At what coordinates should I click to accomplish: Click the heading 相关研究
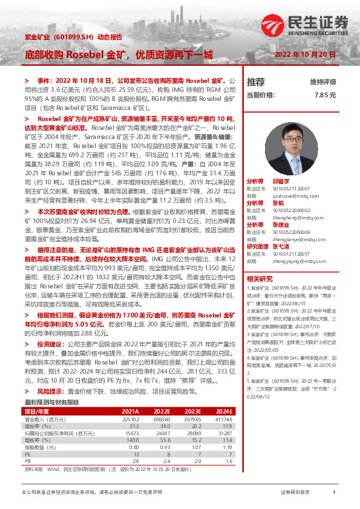(258, 278)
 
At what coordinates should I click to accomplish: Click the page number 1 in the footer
(334, 493)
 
